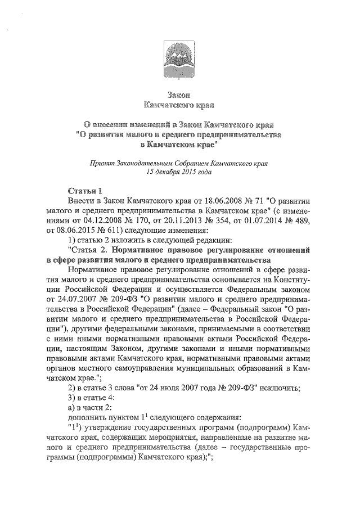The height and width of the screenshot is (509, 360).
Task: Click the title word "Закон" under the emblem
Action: [179, 93]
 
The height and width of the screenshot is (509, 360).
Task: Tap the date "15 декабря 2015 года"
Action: [179, 172]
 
